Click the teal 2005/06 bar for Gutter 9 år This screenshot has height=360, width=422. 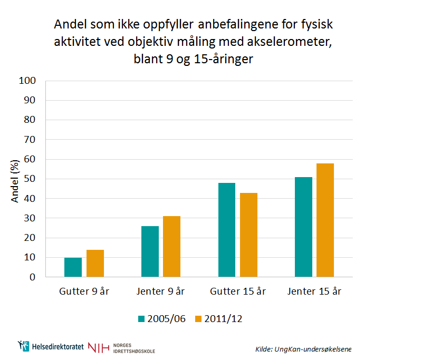pos(73,267)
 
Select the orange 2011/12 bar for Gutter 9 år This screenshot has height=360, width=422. pos(95,264)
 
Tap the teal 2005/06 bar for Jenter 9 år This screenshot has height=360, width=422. pos(150,251)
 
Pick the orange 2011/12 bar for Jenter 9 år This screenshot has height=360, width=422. pos(171,247)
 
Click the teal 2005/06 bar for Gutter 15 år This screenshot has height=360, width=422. pos(226,230)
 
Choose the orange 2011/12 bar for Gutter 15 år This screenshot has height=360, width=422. pos(248,235)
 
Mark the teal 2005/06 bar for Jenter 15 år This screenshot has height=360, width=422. pos(303,227)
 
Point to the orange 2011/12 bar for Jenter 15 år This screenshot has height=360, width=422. pos(325,220)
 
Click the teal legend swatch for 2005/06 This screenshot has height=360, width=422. pos(141,319)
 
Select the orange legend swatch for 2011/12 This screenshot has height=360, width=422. pos(198,319)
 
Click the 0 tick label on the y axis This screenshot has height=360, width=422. pos(32,277)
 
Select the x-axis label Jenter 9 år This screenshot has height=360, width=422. pos(161,291)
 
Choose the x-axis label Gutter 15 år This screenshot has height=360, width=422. pos(237,291)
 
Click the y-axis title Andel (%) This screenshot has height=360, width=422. pos(15,180)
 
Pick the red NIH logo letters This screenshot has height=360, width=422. pos(99,347)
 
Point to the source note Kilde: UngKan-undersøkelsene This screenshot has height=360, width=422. pos(303,349)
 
